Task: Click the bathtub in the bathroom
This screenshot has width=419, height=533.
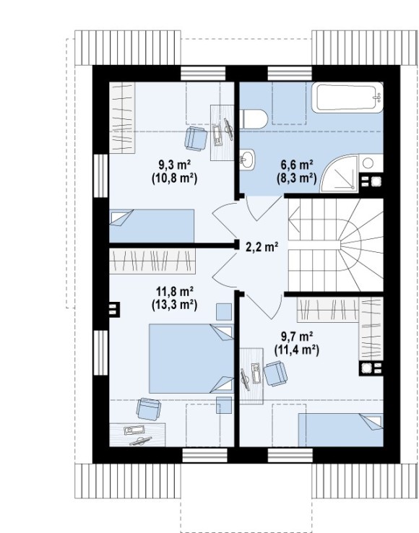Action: (x=347, y=97)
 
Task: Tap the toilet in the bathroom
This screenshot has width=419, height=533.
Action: (x=254, y=119)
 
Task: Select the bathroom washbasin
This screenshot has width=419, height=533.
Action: (x=247, y=159)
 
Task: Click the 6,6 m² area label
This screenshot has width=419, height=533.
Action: (x=297, y=165)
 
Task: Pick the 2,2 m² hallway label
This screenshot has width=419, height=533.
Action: (x=262, y=247)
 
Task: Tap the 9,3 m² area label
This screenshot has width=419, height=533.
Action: (x=174, y=165)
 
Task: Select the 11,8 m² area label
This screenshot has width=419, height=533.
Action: (x=175, y=291)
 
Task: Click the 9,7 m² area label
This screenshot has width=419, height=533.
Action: (x=297, y=337)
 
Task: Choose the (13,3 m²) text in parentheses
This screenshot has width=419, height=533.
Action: (x=175, y=305)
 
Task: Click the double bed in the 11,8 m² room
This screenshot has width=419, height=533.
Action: (x=191, y=359)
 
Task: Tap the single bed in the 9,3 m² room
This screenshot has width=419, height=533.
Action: (x=152, y=226)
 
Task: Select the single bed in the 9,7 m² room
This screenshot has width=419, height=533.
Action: (x=341, y=430)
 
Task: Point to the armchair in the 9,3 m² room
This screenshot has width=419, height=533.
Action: (x=196, y=139)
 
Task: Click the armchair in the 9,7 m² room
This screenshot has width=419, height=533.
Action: (x=276, y=374)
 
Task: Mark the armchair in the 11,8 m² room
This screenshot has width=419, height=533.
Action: (x=148, y=409)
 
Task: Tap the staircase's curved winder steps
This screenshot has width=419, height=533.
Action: (x=357, y=245)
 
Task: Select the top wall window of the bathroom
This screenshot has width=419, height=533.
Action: (x=290, y=74)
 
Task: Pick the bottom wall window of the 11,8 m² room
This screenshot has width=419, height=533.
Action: (x=204, y=456)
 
